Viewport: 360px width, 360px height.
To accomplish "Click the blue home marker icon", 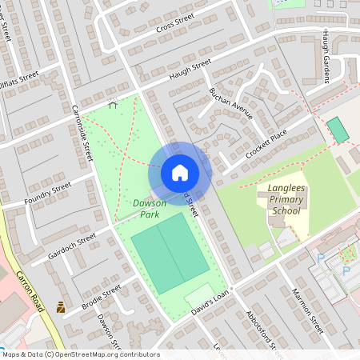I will pos(180,173).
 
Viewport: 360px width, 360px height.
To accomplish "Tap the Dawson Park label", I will pos(150,209).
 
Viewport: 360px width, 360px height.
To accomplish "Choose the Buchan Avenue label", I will pos(230,103).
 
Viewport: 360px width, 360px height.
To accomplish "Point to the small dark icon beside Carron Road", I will pos(60,306).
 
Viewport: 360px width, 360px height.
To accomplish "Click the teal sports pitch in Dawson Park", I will pos(169,255).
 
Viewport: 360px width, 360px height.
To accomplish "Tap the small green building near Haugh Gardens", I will pos(338,130).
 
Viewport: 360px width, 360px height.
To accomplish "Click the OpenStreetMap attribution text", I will pos(80,354).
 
